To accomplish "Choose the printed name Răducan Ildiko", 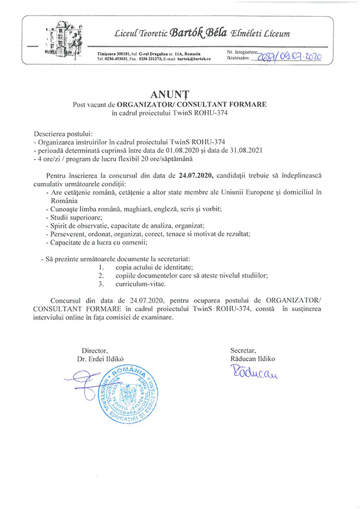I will pos(252,359).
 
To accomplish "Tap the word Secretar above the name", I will pos(243,350).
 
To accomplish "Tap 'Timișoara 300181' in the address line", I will pos(114,54).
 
